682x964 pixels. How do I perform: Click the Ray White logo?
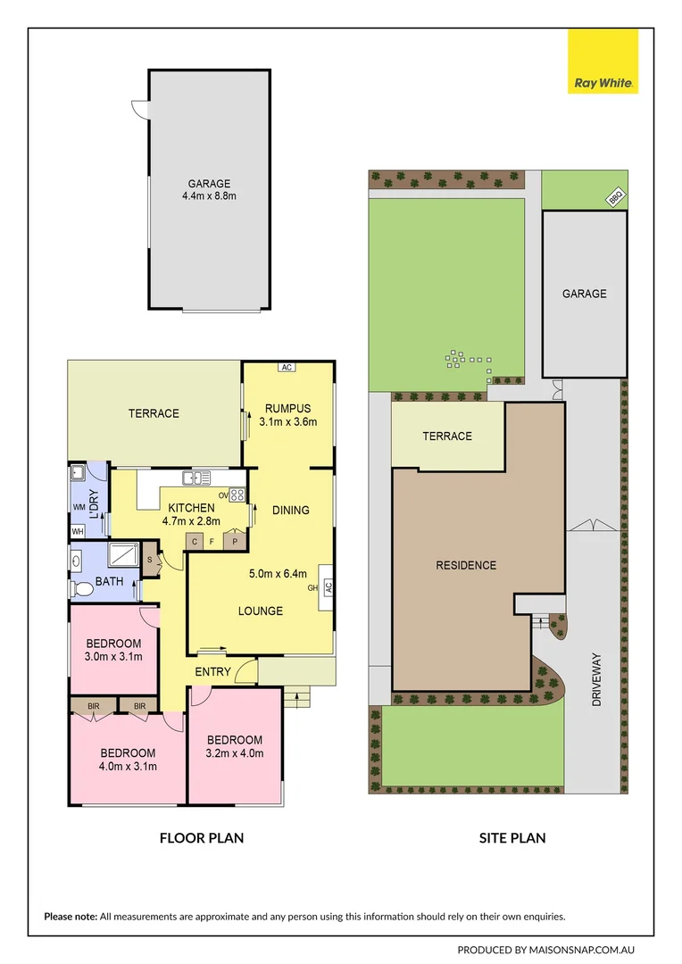coord(603,62)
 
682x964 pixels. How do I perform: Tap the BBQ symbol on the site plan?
coord(614,199)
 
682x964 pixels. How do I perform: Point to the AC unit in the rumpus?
coord(287,367)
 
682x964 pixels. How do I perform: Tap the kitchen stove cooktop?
coord(237,495)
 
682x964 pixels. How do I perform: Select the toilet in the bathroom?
coord(83,589)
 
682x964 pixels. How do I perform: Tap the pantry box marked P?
coord(236,541)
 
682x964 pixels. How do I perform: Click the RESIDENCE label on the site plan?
coord(465,565)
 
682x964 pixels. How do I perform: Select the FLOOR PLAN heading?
coord(202,837)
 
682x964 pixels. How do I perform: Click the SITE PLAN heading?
coord(511,837)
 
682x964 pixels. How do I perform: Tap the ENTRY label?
coord(212,671)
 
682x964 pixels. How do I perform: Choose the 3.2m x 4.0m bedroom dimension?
coord(235,752)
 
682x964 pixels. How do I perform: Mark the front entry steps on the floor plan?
coord(296,697)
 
